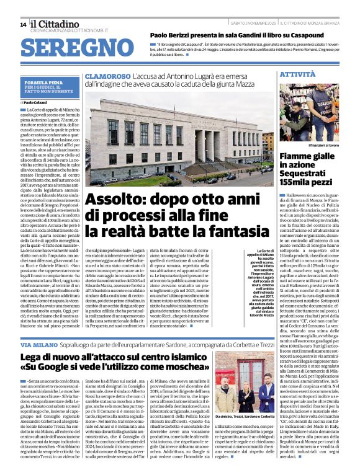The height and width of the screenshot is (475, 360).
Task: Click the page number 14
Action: pyautogui.click(x=23, y=24)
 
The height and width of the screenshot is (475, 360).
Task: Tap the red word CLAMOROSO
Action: pyautogui.click(x=108, y=76)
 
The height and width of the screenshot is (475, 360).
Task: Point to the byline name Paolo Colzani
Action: pyautogui.click(x=40, y=102)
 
